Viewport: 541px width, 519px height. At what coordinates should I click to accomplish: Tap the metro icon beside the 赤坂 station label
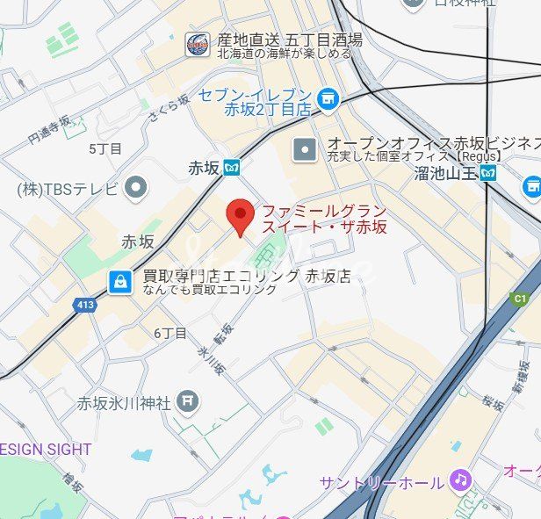(232, 166)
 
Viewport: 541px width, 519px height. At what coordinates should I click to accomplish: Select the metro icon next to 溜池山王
(488, 173)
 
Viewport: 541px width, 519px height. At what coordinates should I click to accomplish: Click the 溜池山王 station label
(445, 174)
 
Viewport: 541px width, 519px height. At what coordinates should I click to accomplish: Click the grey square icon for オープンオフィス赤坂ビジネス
(305, 149)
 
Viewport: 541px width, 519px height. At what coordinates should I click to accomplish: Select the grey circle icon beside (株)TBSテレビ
(135, 186)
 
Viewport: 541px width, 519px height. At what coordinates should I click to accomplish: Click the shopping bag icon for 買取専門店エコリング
(119, 281)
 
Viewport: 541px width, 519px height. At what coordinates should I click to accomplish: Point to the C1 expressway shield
(520, 299)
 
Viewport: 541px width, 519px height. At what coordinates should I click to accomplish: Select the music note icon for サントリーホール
(459, 479)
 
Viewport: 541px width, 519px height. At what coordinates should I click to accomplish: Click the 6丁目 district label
(170, 333)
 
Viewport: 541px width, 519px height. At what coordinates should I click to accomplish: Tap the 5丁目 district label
(105, 148)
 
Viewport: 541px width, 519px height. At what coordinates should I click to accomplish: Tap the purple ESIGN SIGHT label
(46, 449)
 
